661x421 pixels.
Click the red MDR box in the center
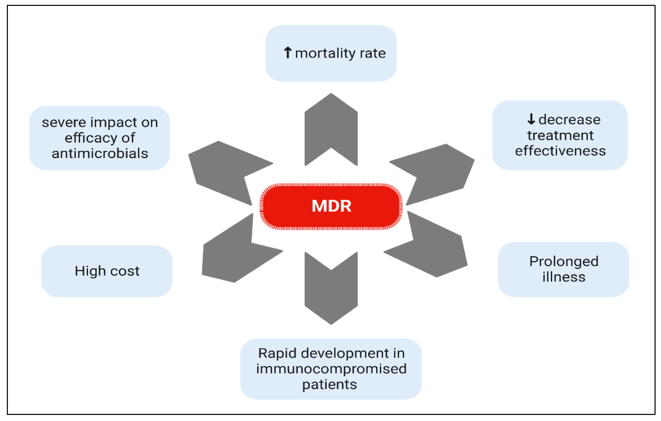tap(331, 206)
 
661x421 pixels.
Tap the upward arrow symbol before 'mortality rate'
tap(287, 53)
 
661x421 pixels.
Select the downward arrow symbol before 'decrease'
tap(531, 119)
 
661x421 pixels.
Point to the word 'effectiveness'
tap(560, 151)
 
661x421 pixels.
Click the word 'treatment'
tap(560, 135)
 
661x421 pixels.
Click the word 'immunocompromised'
tap(331, 369)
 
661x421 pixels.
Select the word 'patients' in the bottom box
tap(329, 384)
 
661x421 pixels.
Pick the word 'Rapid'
tap(277, 353)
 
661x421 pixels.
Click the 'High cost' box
tap(107, 271)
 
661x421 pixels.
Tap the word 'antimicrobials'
tap(100, 153)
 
